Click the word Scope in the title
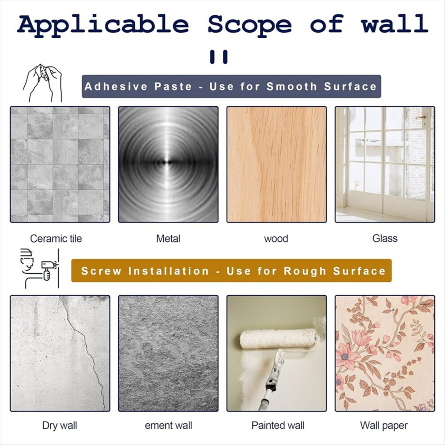(x=250, y=25)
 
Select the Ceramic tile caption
(x=56, y=239)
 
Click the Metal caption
(x=168, y=239)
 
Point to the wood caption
(x=276, y=239)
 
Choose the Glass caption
(x=385, y=238)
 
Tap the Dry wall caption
(x=60, y=425)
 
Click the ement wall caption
(x=168, y=425)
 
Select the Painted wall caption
(x=278, y=425)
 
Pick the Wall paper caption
(x=384, y=425)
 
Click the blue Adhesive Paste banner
(x=231, y=87)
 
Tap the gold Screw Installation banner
(x=231, y=271)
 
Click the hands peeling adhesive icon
(x=42, y=83)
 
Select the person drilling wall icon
(x=40, y=268)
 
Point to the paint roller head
(x=278, y=338)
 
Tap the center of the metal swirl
(x=169, y=162)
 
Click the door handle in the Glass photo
(x=421, y=117)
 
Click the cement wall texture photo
(x=168, y=353)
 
